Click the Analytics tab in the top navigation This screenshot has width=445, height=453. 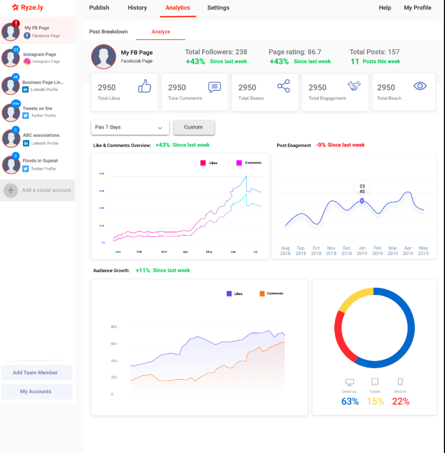tap(177, 8)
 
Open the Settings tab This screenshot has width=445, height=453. tap(218, 8)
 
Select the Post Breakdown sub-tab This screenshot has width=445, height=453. tap(109, 32)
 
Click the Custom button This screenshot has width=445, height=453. tap(193, 127)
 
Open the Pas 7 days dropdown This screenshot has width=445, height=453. tap(130, 127)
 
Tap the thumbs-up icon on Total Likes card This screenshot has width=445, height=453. tap(145, 86)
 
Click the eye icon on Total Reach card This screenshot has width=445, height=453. tap(420, 86)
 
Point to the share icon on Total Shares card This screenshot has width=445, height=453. tap(283, 86)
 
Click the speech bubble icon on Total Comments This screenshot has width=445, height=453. tap(214, 86)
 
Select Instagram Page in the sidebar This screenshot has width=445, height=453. tap(39, 57)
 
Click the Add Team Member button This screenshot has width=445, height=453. tap(36, 373)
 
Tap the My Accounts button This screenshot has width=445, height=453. tap(36, 391)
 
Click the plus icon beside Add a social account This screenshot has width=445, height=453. tap(11, 190)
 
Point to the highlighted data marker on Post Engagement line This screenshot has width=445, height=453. tap(362, 201)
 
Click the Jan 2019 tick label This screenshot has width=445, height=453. tap(362, 251)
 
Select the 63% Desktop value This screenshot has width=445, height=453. tap(350, 401)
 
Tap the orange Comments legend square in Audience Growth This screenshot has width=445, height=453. tap(262, 293)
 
